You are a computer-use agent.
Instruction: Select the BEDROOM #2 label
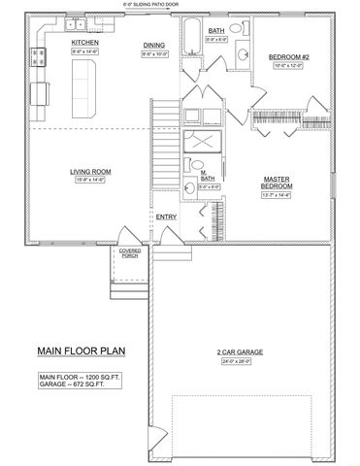pyautogui.click(x=288, y=56)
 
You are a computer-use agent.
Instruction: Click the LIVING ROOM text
pyautogui.click(x=86, y=171)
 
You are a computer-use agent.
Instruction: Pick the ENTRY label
pyautogui.click(x=167, y=216)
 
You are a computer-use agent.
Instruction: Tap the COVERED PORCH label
pyautogui.click(x=130, y=252)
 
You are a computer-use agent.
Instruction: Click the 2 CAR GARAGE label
pyautogui.click(x=237, y=351)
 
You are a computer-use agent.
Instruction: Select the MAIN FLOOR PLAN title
pyautogui.click(x=80, y=351)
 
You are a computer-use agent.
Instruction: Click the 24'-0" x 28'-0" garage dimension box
pyautogui.click(x=237, y=361)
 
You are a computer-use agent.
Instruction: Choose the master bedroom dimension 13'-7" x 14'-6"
pyautogui.click(x=278, y=198)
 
